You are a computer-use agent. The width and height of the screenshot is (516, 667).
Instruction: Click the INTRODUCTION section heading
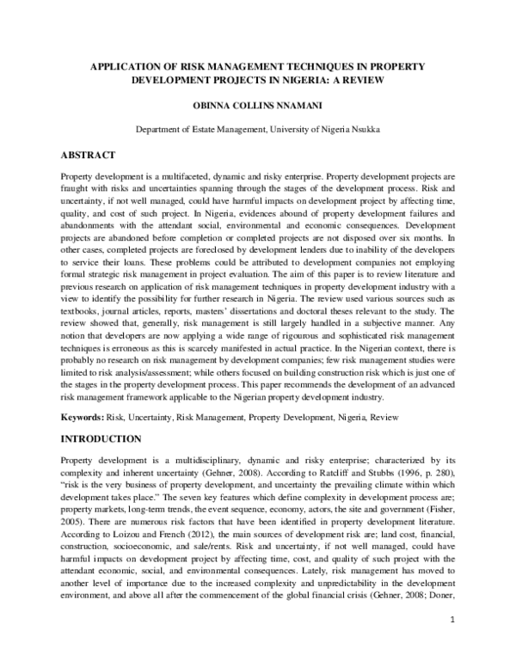tap(104, 438)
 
